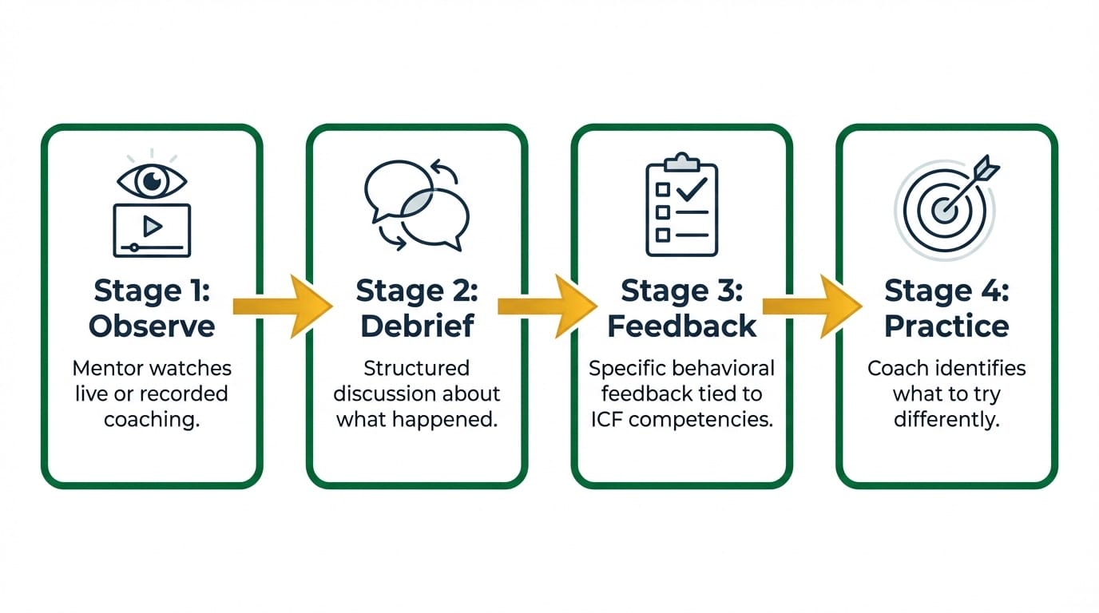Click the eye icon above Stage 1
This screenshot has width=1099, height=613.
pos(152,181)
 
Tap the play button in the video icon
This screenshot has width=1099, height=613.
pos(152,227)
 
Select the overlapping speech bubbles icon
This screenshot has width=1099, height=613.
pos(416,205)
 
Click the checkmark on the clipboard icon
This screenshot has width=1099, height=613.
pos(691,188)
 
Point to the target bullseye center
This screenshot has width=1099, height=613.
pos(945,210)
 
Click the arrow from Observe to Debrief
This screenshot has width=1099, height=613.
pos(281,306)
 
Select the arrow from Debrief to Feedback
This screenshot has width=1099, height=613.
pos(546,306)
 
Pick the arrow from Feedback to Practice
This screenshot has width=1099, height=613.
pos(811,306)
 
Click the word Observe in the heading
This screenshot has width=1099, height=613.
pos(152,326)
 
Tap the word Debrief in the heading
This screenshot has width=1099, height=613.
pos(416,326)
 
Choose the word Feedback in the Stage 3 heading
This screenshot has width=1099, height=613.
pos(681,326)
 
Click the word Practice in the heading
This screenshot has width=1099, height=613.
pos(946,326)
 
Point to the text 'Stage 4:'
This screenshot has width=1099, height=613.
pos(946,291)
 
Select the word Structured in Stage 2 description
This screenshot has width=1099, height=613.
pos(416,369)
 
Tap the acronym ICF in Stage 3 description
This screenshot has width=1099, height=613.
pos(608,419)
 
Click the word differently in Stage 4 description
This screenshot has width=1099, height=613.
pos(946,419)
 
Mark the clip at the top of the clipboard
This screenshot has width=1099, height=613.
pos(681,160)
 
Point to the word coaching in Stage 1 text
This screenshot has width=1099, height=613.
pos(152,419)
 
